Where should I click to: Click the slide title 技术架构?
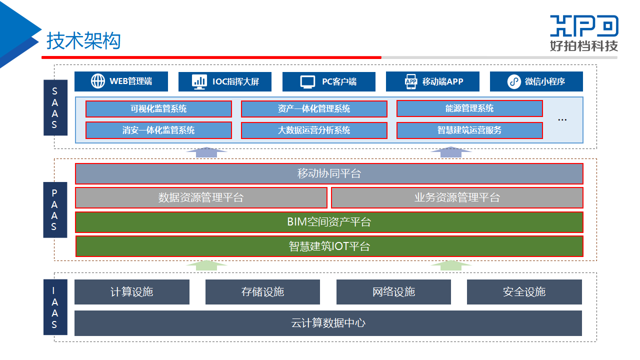83,41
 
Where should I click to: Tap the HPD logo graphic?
584,26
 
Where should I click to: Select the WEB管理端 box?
121,81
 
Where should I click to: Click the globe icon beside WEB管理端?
98,81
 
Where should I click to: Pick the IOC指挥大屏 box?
225,81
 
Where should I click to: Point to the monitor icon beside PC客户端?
307,81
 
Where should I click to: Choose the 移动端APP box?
432,81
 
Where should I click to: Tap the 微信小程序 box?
536,81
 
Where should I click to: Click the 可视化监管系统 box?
158,108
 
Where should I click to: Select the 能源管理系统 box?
469,108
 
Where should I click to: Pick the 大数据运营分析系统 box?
314,130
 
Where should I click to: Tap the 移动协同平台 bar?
329,174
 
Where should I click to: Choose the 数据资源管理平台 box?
201,197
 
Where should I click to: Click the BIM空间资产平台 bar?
329,222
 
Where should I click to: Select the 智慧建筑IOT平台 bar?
329,246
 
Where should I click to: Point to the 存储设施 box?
262,292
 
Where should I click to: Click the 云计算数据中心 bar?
328,323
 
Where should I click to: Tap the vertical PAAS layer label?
55,210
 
